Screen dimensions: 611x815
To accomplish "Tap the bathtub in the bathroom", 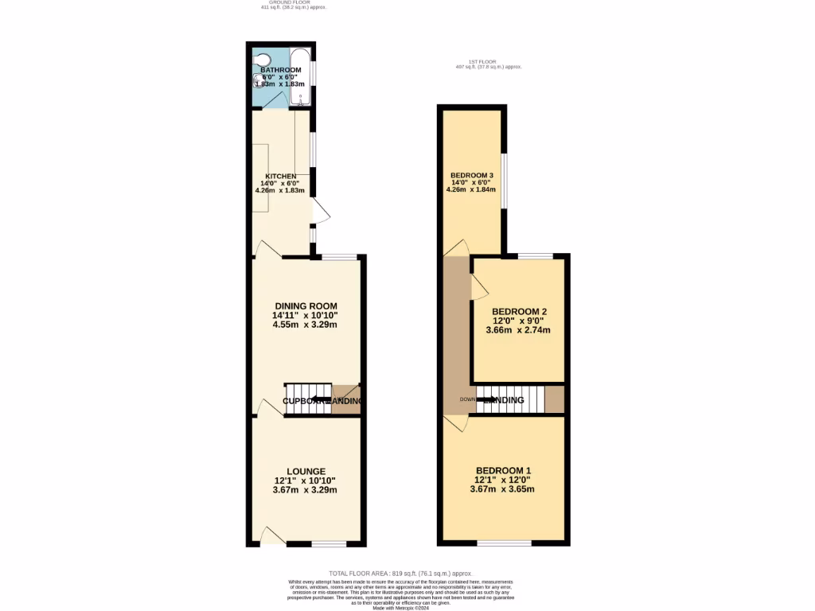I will [x=300, y=77].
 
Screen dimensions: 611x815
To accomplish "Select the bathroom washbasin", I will [x=257, y=78].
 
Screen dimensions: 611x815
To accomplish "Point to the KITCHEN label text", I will [x=281, y=176].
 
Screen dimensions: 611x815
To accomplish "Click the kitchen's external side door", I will [x=319, y=212].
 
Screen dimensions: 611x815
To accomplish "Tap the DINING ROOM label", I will [x=306, y=306].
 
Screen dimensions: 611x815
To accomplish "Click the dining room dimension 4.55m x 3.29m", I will [x=306, y=325].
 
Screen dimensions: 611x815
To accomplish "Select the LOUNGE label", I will [x=306, y=472].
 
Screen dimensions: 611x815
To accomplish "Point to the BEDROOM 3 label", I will [x=472, y=176].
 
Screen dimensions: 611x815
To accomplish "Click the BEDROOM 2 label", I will [x=519, y=311].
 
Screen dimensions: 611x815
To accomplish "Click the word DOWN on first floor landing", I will [x=467, y=399].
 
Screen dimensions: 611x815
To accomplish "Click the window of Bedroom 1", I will [x=504, y=543].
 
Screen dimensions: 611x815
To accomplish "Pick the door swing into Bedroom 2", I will [x=478, y=287].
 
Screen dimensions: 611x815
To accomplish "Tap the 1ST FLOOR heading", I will [x=482, y=62].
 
